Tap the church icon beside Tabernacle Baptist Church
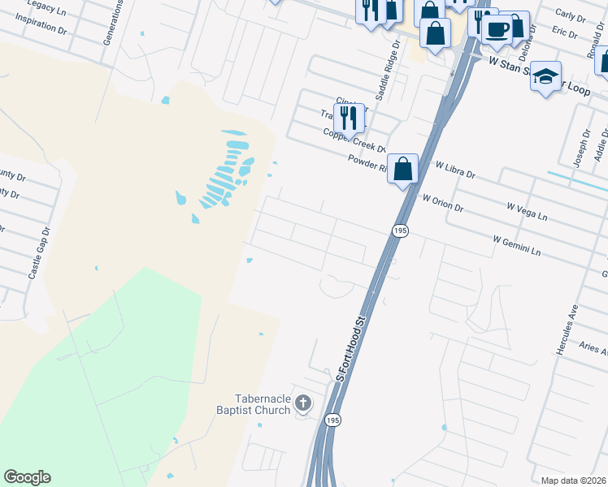click(x=303, y=403)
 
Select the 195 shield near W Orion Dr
click(x=401, y=231)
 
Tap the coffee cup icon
click(x=497, y=29)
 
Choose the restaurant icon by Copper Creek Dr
click(x=349, y=118)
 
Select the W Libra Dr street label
click(x=455, y=170)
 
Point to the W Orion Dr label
click(x=443, y=203)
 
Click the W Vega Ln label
click(x=528, y=214)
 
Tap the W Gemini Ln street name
click(x=516, y=246)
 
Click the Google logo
click(x=27, y=477)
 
